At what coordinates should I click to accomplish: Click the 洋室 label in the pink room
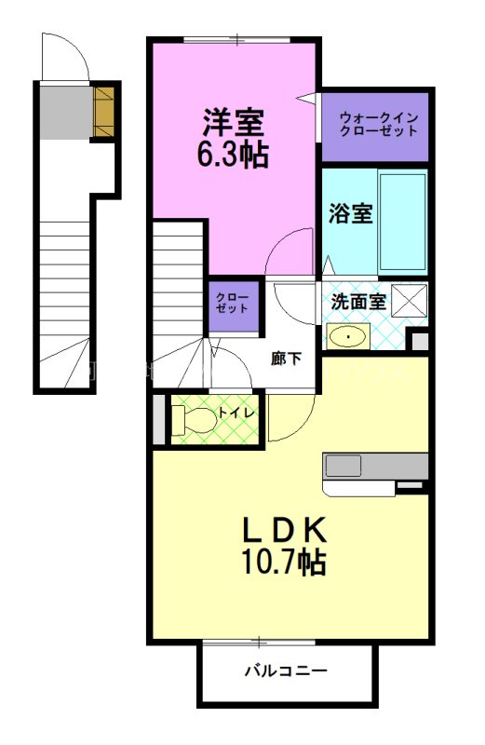click(234, 123)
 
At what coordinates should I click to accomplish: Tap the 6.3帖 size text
click(233, 154)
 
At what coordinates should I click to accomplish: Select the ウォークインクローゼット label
click(379, 124)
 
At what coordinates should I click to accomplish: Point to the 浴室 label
click(351, 213)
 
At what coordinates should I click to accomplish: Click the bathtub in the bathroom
click(403, 223)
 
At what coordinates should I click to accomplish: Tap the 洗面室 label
click(358, 301)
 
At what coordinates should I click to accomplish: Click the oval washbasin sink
click(348, 337)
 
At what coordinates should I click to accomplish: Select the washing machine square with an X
click(410, 300)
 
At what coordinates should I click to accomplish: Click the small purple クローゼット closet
click(233, 306)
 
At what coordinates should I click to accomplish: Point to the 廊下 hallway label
click(286, 359)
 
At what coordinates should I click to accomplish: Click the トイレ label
click(236, 413)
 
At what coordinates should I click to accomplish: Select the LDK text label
click(285, 530)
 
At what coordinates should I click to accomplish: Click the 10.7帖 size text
click(284, 562)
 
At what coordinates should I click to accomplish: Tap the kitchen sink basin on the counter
click(343, 466)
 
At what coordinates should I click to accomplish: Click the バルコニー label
click(286, 670)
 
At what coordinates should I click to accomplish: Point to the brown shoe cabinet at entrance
click(103, 111)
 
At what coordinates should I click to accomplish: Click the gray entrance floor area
click(65, 113)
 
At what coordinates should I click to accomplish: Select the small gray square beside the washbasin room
click(420, 342)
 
